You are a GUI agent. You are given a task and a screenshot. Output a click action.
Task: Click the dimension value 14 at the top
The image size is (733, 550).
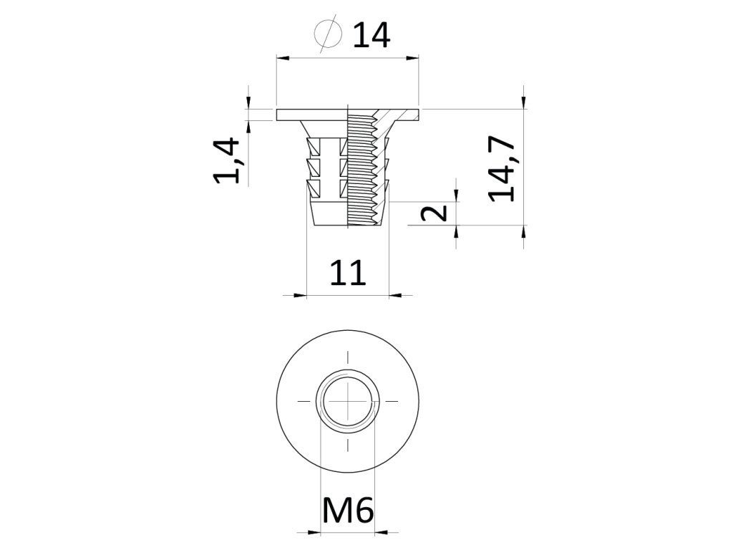tap(371, 35)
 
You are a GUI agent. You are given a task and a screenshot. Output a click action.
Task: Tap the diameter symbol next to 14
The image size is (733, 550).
tap(327, 34)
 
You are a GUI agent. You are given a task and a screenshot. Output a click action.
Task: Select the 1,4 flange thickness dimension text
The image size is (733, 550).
tap(228, 162)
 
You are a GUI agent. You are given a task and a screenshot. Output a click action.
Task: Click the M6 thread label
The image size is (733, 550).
tap(348, 511)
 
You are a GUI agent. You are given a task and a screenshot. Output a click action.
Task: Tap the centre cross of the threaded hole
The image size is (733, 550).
tap(348, 402)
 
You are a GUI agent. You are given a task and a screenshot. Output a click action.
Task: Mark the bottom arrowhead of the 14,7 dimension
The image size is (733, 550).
tap(524, 231)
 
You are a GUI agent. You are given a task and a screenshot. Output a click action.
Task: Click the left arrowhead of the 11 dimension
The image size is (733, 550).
tap(300, 294)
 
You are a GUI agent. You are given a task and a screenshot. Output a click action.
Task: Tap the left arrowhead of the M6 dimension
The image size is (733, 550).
tap(314, 532)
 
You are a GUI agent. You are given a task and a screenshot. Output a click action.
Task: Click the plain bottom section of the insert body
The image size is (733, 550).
tap(329, 213)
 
